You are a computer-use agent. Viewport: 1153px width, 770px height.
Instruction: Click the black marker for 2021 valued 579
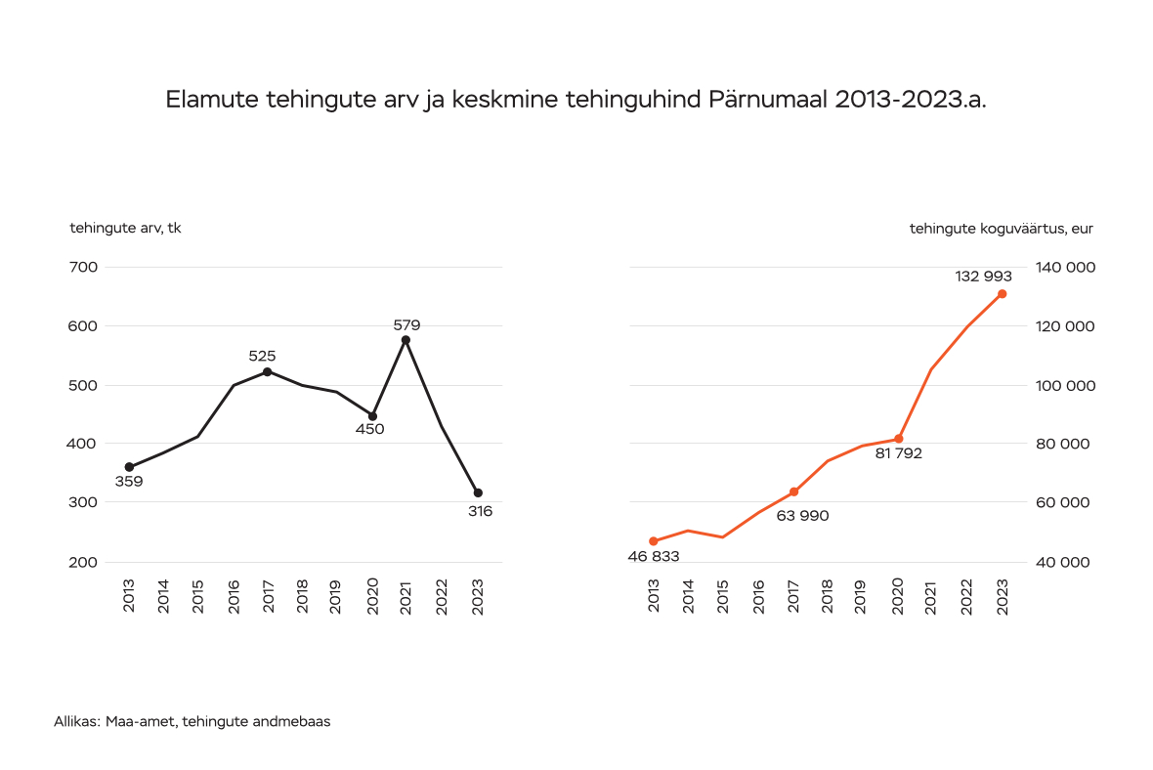coord(406,340)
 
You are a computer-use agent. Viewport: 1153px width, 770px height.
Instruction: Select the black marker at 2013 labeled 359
coord(129,467)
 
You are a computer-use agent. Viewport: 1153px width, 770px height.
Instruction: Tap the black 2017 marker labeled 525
coord(267,371)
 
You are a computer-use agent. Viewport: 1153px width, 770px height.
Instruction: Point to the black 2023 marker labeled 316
coord(478,492)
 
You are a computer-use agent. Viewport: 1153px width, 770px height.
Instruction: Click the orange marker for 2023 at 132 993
coord(1002,294)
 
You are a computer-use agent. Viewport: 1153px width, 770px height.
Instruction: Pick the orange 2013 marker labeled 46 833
coord(654,541)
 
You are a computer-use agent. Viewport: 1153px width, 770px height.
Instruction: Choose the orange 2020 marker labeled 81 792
coord(898,439)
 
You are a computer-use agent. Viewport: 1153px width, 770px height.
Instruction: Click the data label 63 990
coord(802,516)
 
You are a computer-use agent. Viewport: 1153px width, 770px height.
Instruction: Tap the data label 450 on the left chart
coord(369,429)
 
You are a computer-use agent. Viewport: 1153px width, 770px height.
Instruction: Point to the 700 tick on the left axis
coord(84,268)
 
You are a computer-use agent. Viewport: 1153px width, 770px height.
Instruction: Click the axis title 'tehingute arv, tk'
coord(125,229)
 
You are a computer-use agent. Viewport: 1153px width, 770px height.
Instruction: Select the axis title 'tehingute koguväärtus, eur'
coord(1001,229)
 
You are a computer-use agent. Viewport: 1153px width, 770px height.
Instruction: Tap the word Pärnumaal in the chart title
coord(766,100)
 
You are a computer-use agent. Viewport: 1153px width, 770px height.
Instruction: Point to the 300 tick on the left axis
coord(84,502)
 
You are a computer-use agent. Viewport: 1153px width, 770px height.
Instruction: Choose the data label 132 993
coord(983,277)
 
